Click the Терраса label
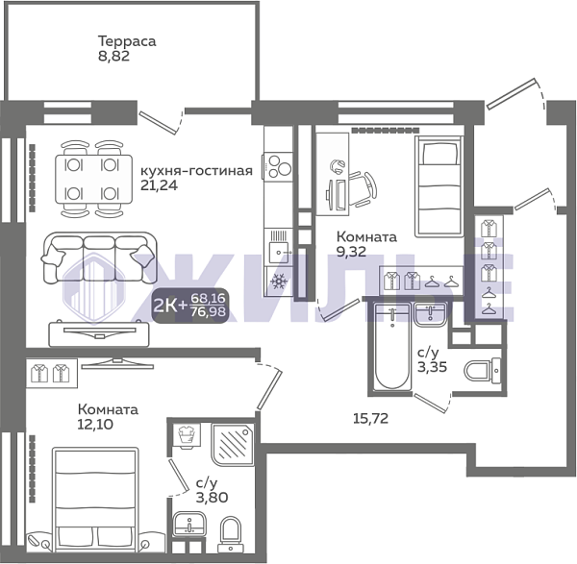tap(127, 41)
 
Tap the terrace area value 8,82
tap(113, 57)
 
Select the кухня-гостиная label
tap(197, 171)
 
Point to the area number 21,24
tap(159, 185)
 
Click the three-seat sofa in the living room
tap(99, 257)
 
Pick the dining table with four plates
tap(94, 179)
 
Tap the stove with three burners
tap(278, 166)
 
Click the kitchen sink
tap(279, 246)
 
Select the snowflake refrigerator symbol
tap(279, 282)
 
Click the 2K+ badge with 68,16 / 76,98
tap(190, 306)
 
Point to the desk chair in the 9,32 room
tap(364, 188)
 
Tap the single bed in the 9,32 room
tap(439, 186)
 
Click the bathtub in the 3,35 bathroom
tap(392, 347)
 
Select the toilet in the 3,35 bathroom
tap(482, 370)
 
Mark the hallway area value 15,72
tap(370, 418)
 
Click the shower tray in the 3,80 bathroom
tap(233, 444)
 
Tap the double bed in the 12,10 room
tap(95, 499)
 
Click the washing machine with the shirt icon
tap(187, 435)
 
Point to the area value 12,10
tap(95, 425)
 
